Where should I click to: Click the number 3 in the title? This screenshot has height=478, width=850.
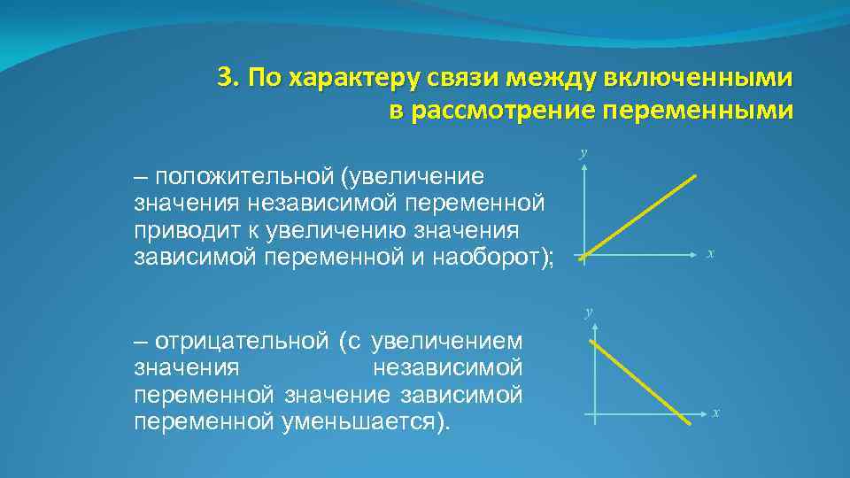pos(225,78)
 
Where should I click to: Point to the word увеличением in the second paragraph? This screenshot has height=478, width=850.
pos(447,340)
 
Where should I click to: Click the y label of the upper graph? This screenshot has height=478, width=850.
pos(583,153)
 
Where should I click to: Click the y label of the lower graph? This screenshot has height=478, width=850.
pos(588,312)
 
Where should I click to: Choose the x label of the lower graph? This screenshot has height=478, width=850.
pos(715,412)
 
